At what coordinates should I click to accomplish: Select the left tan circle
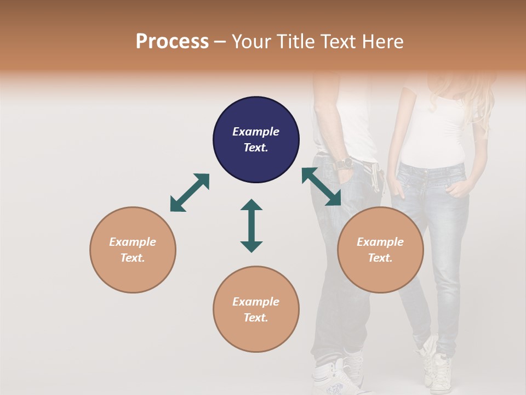[x=133, y=250]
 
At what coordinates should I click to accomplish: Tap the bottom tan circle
[x=256, y=309]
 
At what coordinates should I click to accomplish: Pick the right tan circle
[x=380, y=250]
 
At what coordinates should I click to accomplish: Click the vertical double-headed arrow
[x=251, y=225]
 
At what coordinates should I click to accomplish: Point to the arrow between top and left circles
[x=190, y=193]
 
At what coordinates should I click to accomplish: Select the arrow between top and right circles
[x=321, y=187]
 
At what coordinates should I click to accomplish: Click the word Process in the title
[x=172, y=41]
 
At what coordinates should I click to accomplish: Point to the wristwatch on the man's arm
[x=344, y=163]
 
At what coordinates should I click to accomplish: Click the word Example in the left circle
[x=133, y=242]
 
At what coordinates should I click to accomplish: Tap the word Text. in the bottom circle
[x=256, y=318]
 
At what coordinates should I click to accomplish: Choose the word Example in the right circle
[x=380, y=242]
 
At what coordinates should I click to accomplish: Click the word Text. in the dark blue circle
[x=256, y=148]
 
